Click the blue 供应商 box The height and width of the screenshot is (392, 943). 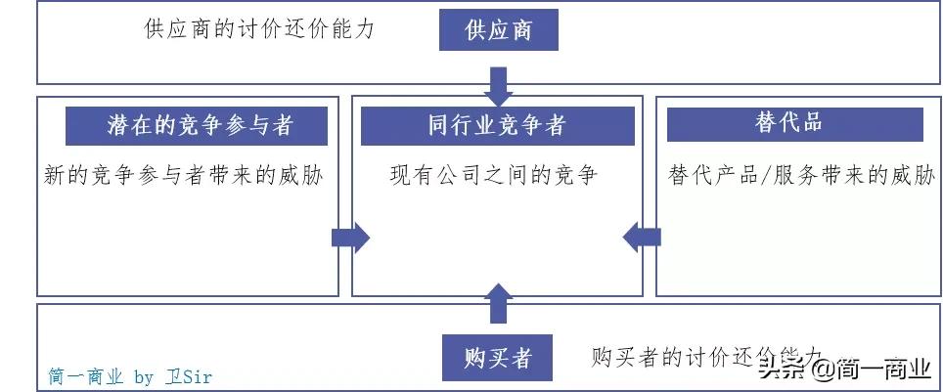499,30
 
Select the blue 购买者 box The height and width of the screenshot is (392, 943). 499,357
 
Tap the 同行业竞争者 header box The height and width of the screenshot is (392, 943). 497,126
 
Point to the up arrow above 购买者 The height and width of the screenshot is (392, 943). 499,303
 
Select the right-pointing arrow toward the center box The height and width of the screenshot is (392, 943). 349,237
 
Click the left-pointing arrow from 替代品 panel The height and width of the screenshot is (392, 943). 643,236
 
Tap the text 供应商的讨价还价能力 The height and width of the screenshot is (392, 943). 259,29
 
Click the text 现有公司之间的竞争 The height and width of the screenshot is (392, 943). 494,176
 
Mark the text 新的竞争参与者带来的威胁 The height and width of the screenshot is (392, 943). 184,176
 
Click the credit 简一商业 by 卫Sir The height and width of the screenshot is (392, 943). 130,376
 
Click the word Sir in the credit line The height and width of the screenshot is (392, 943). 196,376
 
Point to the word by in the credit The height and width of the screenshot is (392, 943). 144,376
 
